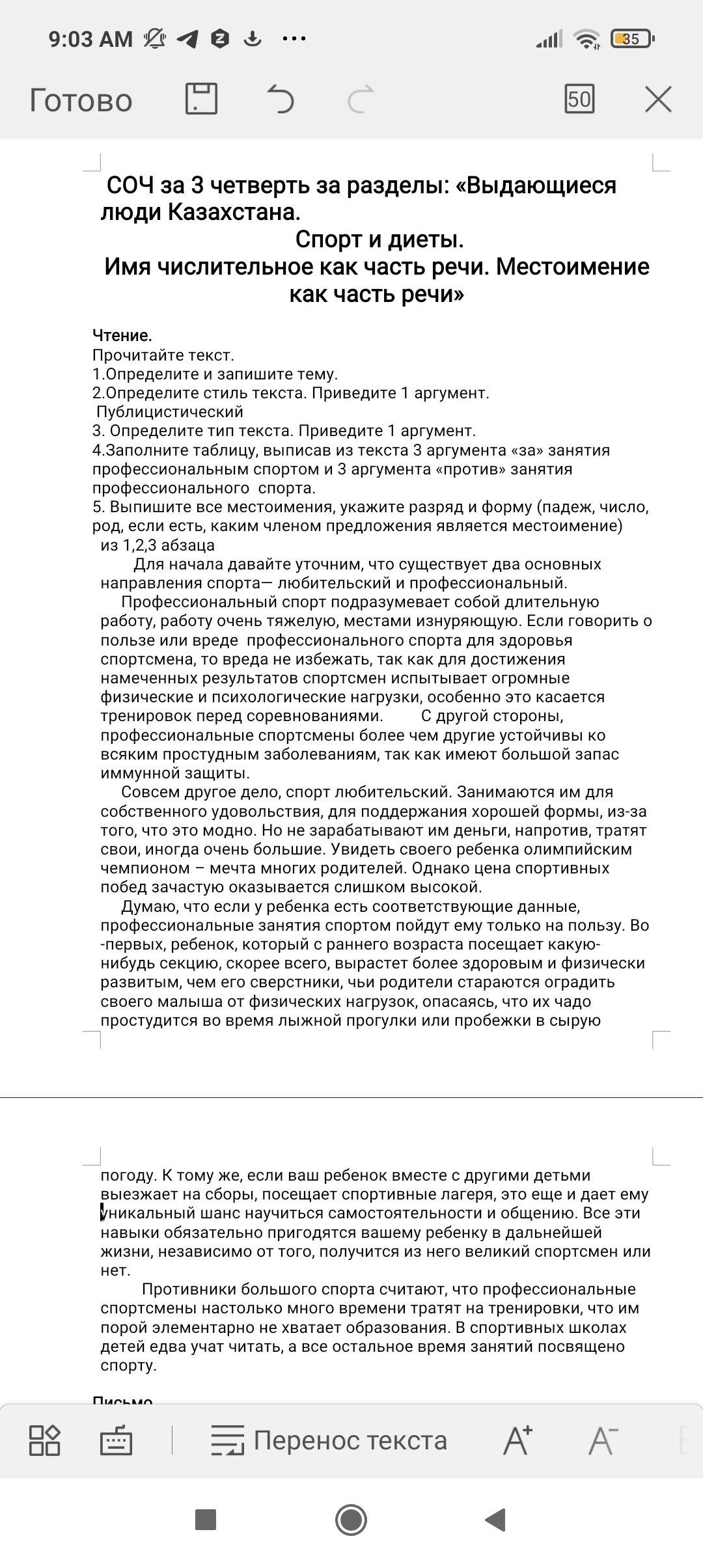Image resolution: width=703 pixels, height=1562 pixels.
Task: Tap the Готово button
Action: [x=81, y=101]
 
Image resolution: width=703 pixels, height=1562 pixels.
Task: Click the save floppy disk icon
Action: [x=201, y=99]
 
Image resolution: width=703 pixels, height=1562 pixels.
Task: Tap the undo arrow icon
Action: [x=281, y=100]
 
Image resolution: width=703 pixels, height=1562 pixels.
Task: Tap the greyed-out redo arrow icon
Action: [x=361, y=100]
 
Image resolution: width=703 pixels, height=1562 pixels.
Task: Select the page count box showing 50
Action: [x=579, y=99]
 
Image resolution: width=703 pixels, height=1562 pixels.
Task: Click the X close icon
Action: [x=658, y=100]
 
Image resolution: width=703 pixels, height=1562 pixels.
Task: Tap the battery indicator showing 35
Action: [x=631, y=39]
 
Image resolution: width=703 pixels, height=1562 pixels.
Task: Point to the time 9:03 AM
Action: [x=90, y=39]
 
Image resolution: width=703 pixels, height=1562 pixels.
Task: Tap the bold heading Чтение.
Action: [x=122, y=335]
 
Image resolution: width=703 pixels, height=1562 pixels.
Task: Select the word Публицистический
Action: [x=170, y=411]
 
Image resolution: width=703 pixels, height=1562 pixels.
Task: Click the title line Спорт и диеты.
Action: [x=379, y=240]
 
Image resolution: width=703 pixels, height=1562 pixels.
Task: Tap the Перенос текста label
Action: [x=350, y=1440]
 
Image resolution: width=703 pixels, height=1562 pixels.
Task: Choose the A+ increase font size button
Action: [x=517, y=1440]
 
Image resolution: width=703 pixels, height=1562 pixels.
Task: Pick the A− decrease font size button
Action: [x=603, y=1440]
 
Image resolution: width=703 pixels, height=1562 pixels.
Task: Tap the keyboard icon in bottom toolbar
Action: [x=117, y=1441]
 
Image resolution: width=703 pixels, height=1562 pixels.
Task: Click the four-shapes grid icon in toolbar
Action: [x=45, y=1440]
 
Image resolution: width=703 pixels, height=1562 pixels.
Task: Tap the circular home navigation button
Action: [x=351, y=1520]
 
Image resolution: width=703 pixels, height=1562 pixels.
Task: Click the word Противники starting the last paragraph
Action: [x=189, y=1289]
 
